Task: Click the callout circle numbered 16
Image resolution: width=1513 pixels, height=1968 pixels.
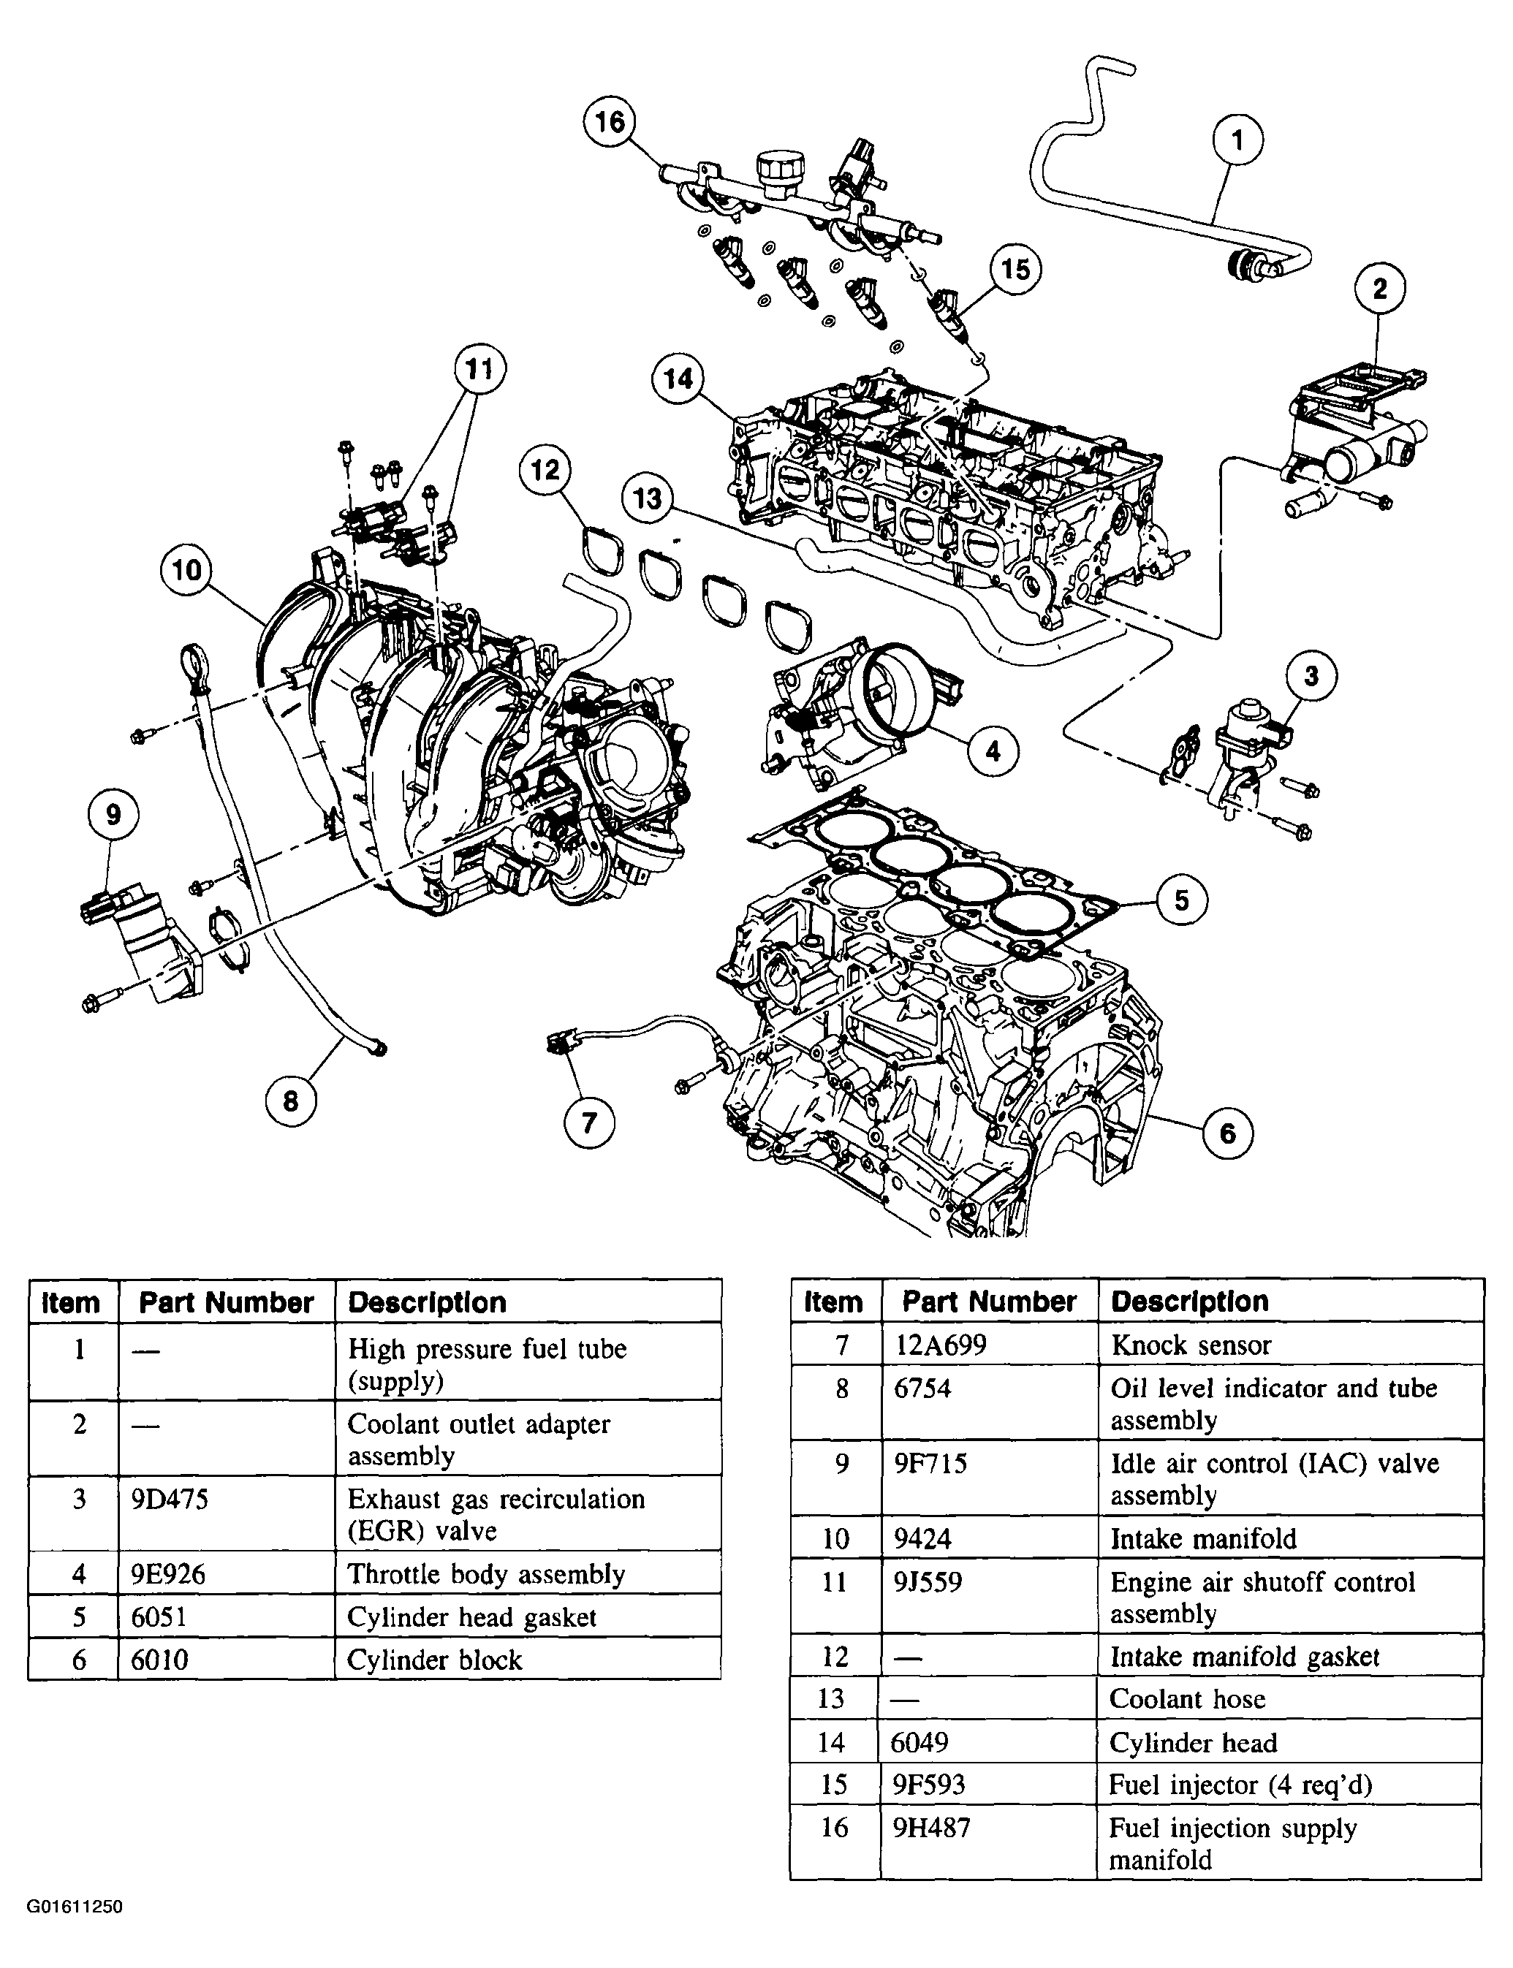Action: (x=610, y=121)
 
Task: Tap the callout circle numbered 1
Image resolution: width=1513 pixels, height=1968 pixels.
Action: (x=1237, y=140)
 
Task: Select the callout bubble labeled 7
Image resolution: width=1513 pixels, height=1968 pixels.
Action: (x=590, y=1122)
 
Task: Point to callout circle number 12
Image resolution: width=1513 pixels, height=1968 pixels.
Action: (x=545, y=470)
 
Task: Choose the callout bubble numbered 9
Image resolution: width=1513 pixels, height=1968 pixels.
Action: (x=113, y=815)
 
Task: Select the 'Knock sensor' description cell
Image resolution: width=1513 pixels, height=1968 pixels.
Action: (x=1191, y=1345)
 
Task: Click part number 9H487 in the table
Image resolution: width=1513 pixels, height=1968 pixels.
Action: (x=931, y=1827)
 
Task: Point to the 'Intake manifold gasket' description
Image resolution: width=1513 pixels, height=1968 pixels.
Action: (x=1245, y=1656)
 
